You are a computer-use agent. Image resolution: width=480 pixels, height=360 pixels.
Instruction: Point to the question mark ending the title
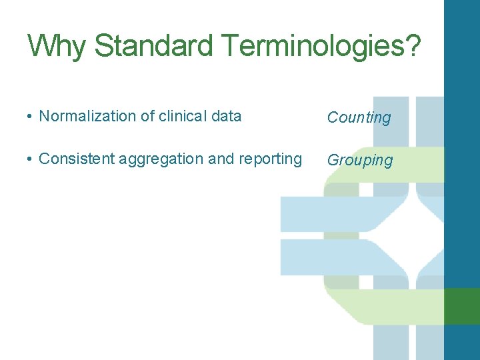click(x=413, y=46)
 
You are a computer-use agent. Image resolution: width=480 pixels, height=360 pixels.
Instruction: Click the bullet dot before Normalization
click(x=30, y=117)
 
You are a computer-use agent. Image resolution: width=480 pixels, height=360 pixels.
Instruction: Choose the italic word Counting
click(x=359, y=118)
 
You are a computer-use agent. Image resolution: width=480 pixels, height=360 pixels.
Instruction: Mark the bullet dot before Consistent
click(x=30, y=159)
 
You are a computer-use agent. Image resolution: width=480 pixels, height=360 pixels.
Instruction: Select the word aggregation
click(x=158, y=159)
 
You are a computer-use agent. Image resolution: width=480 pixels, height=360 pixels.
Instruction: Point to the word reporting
click(x=270, y=159)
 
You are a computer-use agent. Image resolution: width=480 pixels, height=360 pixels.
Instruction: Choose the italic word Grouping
click(x=360, y=161)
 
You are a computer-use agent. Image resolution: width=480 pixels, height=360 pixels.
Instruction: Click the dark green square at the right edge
click(x=461, y=306)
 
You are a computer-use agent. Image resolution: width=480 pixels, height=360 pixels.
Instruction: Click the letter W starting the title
click(x=40, y=46)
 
